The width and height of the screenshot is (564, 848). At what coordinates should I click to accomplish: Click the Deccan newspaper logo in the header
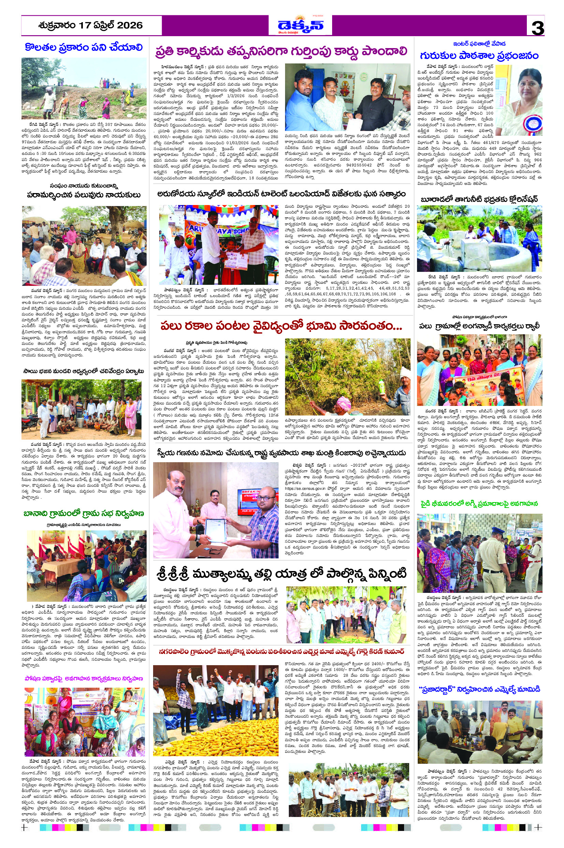pos(300,26)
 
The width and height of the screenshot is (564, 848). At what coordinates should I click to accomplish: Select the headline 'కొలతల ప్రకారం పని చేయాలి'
pos(84,47)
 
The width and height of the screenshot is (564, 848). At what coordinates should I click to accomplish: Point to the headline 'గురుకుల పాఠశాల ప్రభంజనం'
pos(479,56)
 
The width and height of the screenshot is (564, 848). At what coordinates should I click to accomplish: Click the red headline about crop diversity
pos(281,326)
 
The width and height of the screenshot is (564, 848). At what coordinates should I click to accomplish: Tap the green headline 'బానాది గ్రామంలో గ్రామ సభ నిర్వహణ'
pos(84,513)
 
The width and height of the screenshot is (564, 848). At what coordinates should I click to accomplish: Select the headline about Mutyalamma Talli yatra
pos(282,573)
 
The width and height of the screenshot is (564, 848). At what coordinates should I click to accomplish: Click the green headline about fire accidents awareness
pos(479,504)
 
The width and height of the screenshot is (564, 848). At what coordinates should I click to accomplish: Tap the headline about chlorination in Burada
pos(479,199)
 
